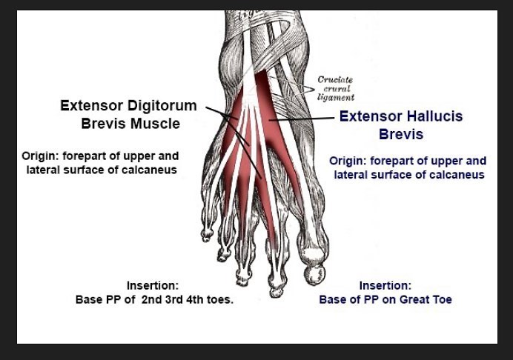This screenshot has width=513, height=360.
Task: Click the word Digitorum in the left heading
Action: click(162, 106)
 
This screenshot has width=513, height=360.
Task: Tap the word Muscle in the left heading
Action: click(155, 124)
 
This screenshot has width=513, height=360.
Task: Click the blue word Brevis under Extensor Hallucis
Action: click(401, 134)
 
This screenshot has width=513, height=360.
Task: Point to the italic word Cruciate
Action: click(335, 80)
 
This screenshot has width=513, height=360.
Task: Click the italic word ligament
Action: click(336, 98)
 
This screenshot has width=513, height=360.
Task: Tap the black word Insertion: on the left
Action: click(153, 285)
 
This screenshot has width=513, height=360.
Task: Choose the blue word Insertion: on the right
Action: click(385, 285)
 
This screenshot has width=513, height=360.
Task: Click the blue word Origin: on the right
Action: click(348, 161)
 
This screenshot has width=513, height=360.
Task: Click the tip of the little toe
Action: click(206, 240)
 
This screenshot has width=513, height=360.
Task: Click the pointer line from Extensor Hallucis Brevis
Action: click(301, 119)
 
